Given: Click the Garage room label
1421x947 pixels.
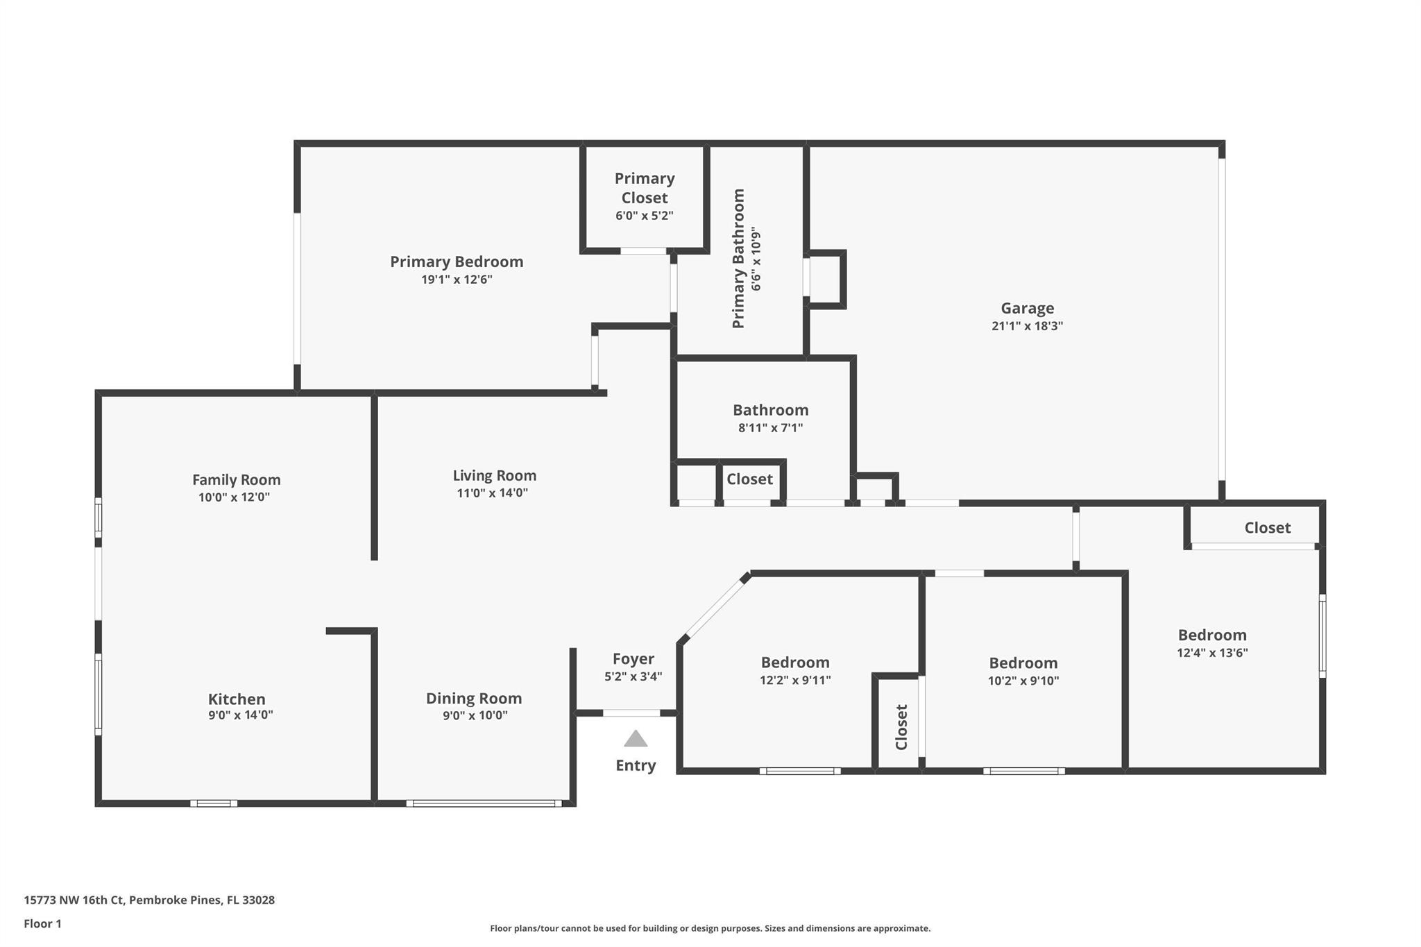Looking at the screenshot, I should (1027, 308).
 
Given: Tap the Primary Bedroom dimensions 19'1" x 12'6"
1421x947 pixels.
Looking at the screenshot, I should (457, 280).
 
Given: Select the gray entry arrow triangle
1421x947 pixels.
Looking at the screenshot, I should (636, 739).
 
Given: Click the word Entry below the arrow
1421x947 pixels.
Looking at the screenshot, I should (636, 765).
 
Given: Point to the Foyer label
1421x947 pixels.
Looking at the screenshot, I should (633, 658).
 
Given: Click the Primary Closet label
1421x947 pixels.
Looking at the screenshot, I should (644, 188).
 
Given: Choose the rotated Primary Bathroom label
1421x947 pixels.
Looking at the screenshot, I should (738, 258).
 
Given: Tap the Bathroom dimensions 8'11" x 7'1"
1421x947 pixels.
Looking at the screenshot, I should (770, 428).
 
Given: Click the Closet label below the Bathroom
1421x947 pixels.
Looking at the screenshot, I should (749, 479).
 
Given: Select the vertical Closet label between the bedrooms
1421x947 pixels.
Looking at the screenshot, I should (901, 727).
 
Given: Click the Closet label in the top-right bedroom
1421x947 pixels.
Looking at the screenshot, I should (1267, 528).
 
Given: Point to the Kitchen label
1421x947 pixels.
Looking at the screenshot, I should (237, 699).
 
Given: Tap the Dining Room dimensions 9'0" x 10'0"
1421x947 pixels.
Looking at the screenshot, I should (475, 715).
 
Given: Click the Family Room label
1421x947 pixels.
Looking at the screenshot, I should (236, 479).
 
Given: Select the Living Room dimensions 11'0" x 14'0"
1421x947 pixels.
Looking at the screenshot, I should (492, 493).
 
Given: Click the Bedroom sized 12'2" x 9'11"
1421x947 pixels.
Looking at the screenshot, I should (795, 663).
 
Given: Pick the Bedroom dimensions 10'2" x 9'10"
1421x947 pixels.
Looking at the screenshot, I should (1023, 681).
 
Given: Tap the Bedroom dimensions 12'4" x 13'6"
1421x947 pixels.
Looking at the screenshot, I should (1212, 653).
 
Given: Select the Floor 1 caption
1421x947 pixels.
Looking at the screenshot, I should (42, 923).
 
